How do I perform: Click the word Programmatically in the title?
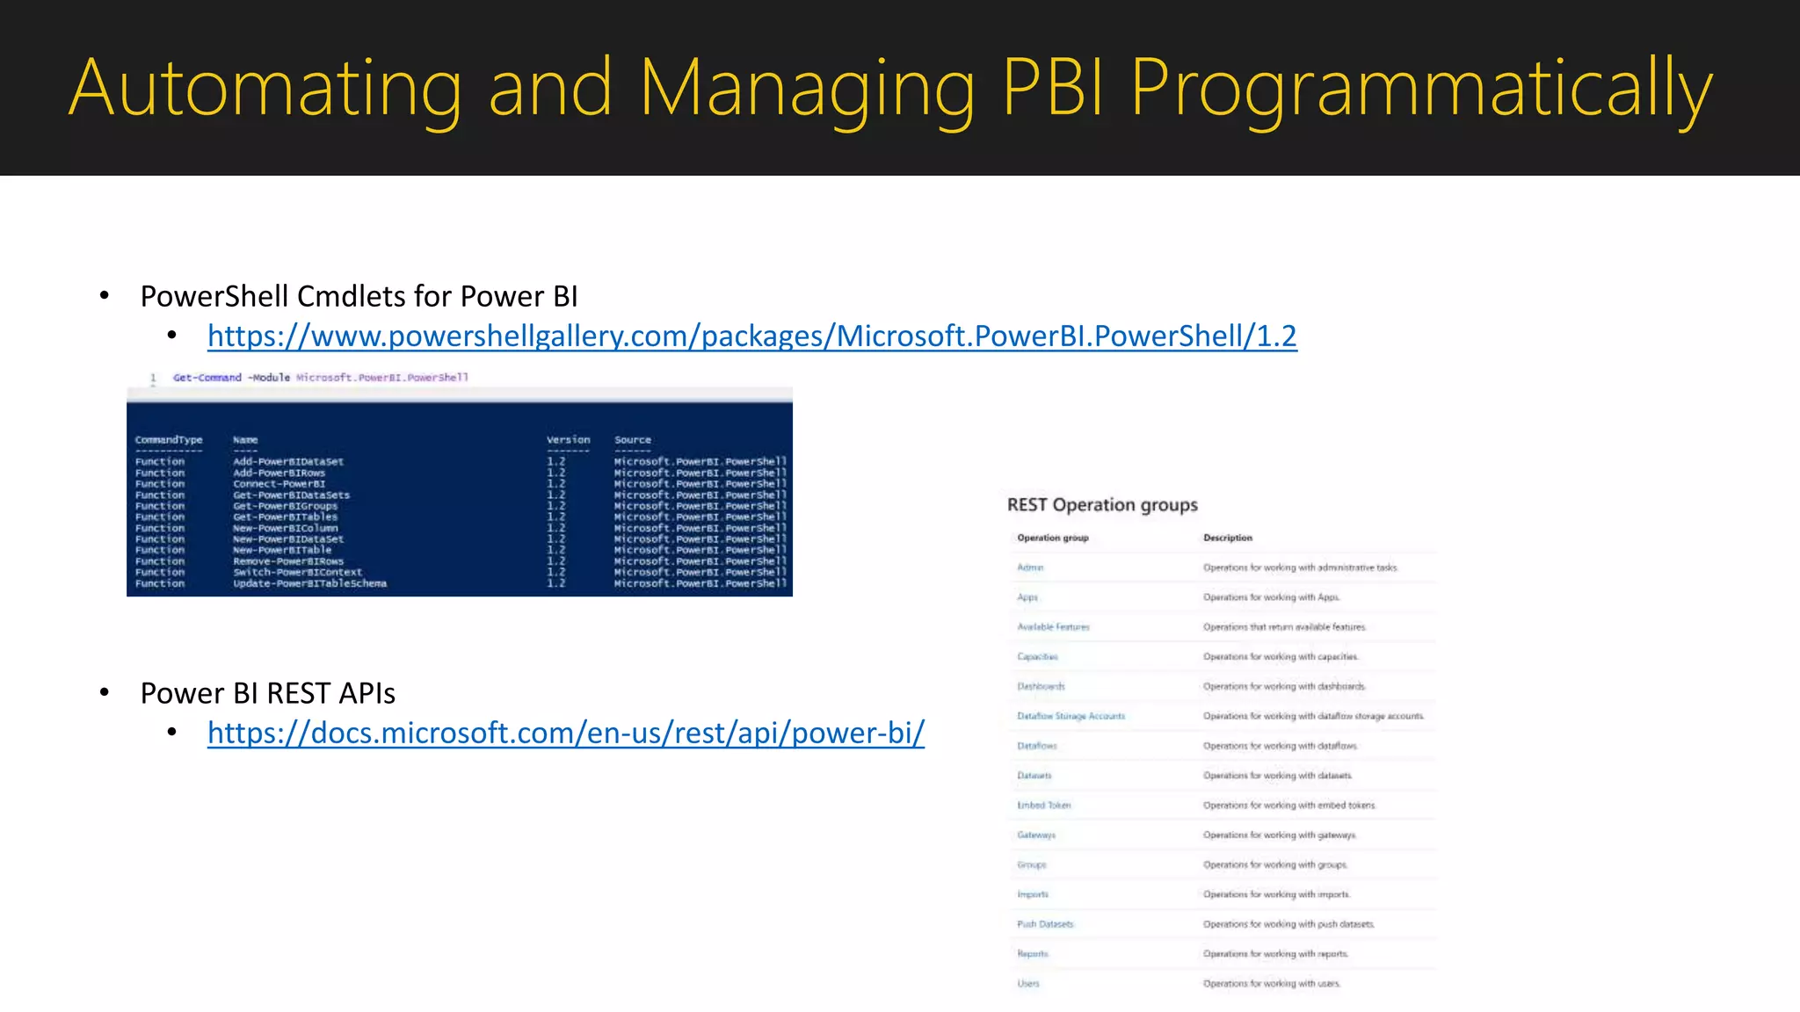coord(1421,88)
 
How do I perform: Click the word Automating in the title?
coord(265,88)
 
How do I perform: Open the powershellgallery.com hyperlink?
coord(751,336)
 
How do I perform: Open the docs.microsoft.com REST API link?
coord(566,733)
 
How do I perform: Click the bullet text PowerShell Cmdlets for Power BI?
coord(359,297)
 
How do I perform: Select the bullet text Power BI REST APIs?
coord(267,694)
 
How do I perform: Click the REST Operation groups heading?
coord(1102,505)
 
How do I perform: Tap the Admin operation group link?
coord(1030,567)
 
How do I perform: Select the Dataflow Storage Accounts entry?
coord(1071,716)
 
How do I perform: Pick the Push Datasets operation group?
coord(1045,924)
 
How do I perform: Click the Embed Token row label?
coord(1043,806)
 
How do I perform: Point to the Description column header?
coord(1227,538)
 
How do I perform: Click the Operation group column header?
coord(1052,538)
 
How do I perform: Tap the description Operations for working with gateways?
coord(1279,835)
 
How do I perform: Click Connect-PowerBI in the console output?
coord(279,484)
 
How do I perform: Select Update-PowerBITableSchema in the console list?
coord(309,583)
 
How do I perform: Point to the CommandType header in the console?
coord(169,440)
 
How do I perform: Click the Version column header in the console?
coord(568,440)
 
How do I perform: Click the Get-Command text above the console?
coord(207,378)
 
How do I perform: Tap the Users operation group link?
coord(1028,984)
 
